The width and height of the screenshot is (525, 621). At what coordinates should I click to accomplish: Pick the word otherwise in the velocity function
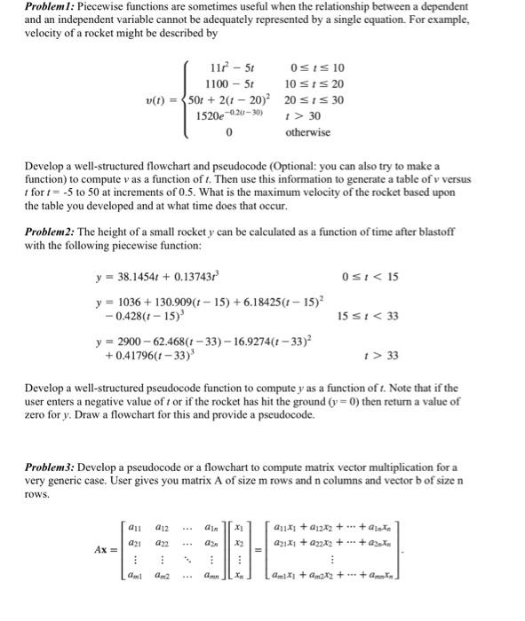[x=307, y=132]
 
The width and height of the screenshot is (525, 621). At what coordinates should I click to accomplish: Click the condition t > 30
[x=298, y=116]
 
